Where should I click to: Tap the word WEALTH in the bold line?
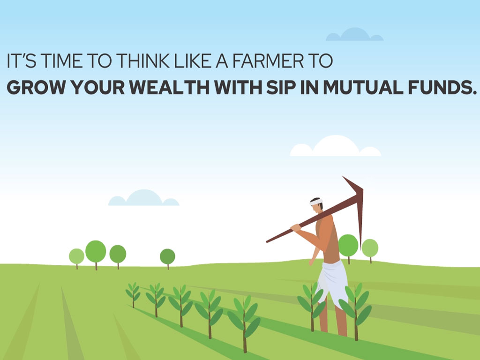tap(169, 88)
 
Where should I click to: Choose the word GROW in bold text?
tap(36, 88)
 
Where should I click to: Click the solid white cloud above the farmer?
tap(335, 146)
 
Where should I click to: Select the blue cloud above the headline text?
tap(354, 35)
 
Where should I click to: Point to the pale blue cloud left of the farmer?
tap(143, 198)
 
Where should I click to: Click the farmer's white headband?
tap(316, 202)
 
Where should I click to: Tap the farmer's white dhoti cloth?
tap(333, 282)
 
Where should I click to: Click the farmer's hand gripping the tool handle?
tap(296, 228)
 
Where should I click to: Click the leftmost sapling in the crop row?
tap(133, 294)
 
